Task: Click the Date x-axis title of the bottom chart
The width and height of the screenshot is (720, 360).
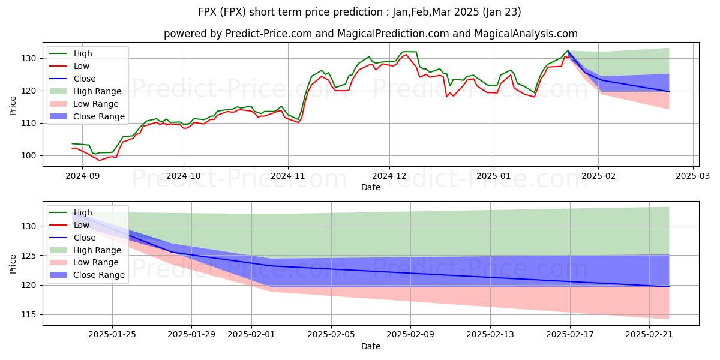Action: [370, 346]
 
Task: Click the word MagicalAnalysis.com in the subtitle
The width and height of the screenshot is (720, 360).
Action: [526, 34]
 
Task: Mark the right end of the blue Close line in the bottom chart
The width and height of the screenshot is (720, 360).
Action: [669, 287]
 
